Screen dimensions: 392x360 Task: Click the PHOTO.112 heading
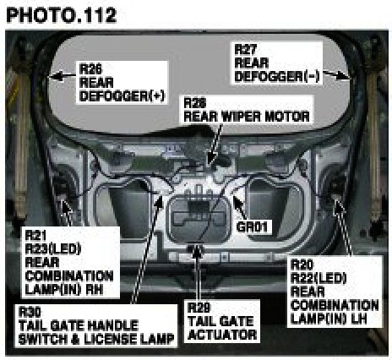(x=62, y=15)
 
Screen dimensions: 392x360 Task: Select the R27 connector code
(x=246, y=49)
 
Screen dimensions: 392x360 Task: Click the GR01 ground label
(x=252, y=226)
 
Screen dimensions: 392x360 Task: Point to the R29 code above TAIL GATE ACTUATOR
(x=199, y=308)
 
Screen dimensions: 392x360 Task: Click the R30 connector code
(x=30, y=312)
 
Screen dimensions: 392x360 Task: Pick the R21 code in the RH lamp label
(x=36, y=235)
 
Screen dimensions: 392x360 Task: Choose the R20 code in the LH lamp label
(x=302, y=265)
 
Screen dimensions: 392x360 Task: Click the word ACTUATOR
(x=222, y=335)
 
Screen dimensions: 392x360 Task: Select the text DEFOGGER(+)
(x=122, y=96)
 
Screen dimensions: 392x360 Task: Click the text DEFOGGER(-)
(x=277, y=76)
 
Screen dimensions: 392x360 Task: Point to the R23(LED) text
(x=53, y=248)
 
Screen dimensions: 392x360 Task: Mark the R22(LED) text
(x=318, y=278)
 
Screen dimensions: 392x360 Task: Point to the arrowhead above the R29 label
(x=198, y=252)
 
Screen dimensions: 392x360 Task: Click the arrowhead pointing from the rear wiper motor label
(x=212, y=160)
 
